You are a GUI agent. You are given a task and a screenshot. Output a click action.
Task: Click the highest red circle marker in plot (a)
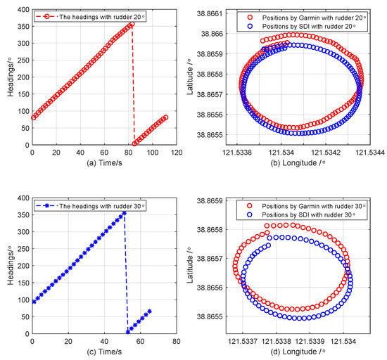tap(131, 25)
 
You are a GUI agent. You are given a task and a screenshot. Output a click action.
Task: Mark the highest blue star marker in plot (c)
tap(124, 212)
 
